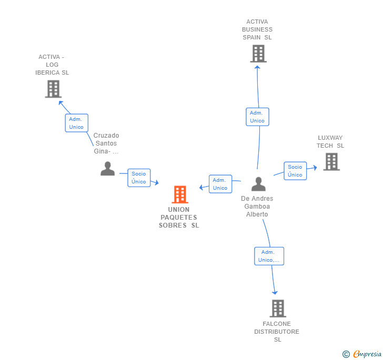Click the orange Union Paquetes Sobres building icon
point(180,194)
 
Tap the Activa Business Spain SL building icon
point(258,54)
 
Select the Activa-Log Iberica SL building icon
point(53,89)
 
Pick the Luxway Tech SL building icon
point(331,161)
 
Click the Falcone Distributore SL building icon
point(278,308)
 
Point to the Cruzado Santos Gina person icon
point(107,169)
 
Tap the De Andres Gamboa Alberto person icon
point(258,184)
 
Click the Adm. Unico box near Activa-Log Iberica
point(76,123)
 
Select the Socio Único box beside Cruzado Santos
point(139,178)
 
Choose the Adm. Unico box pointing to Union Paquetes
point(220,184)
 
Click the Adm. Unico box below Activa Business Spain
point(257,117)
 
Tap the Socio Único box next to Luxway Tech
point(295,171)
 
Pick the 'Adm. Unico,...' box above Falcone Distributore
point(269,256)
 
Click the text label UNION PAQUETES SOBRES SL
point(179,218)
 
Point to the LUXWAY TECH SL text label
point(330,142)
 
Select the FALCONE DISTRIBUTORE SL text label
point(277,332)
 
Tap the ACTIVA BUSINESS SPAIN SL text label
point(257,29)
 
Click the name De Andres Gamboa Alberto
point(257,207)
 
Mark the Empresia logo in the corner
point(362,354)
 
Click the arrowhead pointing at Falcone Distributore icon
point(275,292)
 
